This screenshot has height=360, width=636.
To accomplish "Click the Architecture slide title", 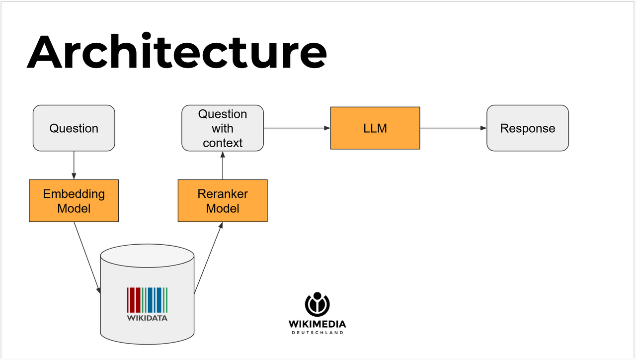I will pyautogui.click(x=176, y=51).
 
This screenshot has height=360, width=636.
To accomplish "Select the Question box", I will pyautogui.click(x=74, y=128).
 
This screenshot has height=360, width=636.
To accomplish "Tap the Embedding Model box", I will pyautogui.click(x=74, y=200).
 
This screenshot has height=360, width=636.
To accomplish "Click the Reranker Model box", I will pyautogui.click(x=222, y=200).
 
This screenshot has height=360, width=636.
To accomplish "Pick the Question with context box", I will pyautogui.click(x=222, y=128).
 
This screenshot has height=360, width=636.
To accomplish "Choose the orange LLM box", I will pyautogui.click(x=375, y=128).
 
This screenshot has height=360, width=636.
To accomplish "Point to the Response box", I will pyautogui.click(x=527, y=128).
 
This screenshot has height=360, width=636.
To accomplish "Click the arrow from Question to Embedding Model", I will pyautogui.click(x=74, y=165).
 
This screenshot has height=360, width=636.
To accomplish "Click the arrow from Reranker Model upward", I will pyautogui.click(x=222, y=165).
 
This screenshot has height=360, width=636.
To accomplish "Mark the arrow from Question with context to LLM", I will pyautogui.click(x=297, y=128).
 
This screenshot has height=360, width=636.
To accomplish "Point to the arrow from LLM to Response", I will pyautogui.click(x=453, y=128).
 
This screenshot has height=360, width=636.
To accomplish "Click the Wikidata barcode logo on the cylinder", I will pyautogui.click(x=147, y=299).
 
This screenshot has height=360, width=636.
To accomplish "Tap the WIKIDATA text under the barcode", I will pyautogui.click(x=147, y=318).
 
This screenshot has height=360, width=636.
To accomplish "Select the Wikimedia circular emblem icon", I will pyautogui.click(x=317, y=304).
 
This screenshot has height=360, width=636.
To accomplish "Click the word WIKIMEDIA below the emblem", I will pyautogui.click(x=317, y=324).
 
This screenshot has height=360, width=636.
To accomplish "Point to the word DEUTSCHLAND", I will pyautogui.click(x=317, y=333).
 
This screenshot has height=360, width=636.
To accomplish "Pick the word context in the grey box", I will pyautogui.click(x=222, y=143).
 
